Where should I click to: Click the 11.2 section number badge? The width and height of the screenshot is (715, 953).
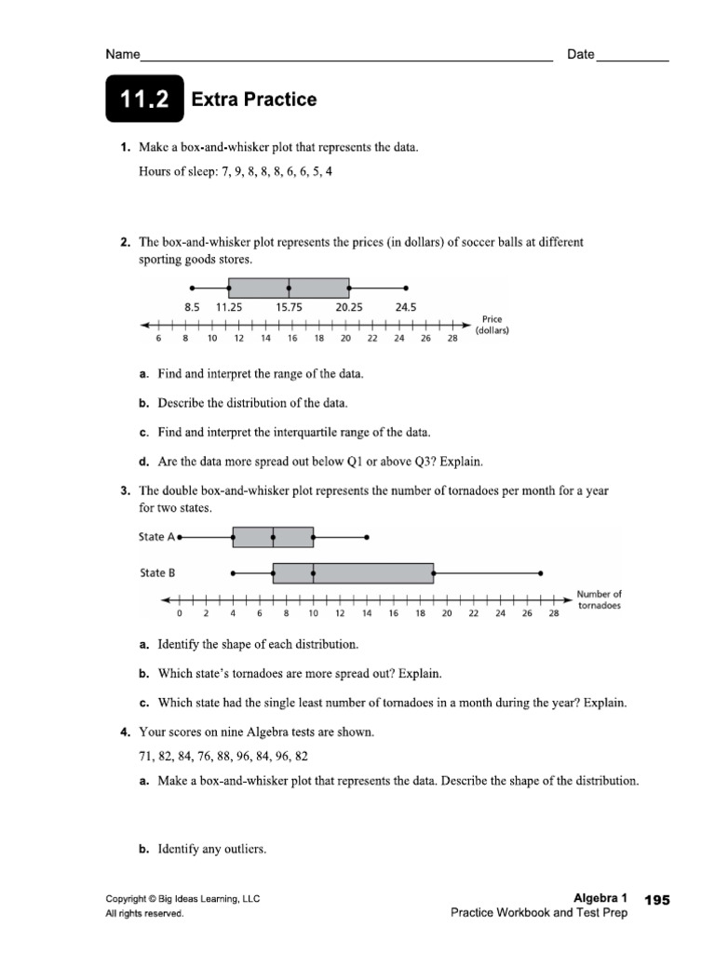tap(144, 100)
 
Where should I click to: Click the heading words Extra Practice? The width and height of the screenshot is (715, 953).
tap(253, 100)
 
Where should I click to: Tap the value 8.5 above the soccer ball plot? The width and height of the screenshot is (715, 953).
tap(192, 307)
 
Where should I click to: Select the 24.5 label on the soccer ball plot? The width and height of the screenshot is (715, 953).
tap(405, 307)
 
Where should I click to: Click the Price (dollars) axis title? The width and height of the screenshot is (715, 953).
tap(492, 325)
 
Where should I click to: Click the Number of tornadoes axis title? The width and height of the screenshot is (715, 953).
tap(599, 599)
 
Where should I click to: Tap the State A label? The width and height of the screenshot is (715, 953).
tap(156, 537)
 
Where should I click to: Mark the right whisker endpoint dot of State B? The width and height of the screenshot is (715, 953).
tap(540, 573)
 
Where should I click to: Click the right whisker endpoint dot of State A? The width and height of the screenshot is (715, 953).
tap(367, 537)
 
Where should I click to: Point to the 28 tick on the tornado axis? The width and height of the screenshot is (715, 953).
tap(554, 613)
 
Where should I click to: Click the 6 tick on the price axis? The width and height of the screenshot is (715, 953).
tap(159, 339)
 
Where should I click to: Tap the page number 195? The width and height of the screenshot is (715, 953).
tap(656, 900)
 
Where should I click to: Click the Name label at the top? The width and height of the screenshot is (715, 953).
tap(122, 55)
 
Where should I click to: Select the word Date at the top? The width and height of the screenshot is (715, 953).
tap(580, 55)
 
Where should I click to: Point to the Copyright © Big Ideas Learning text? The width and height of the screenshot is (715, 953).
tap(182, 899)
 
